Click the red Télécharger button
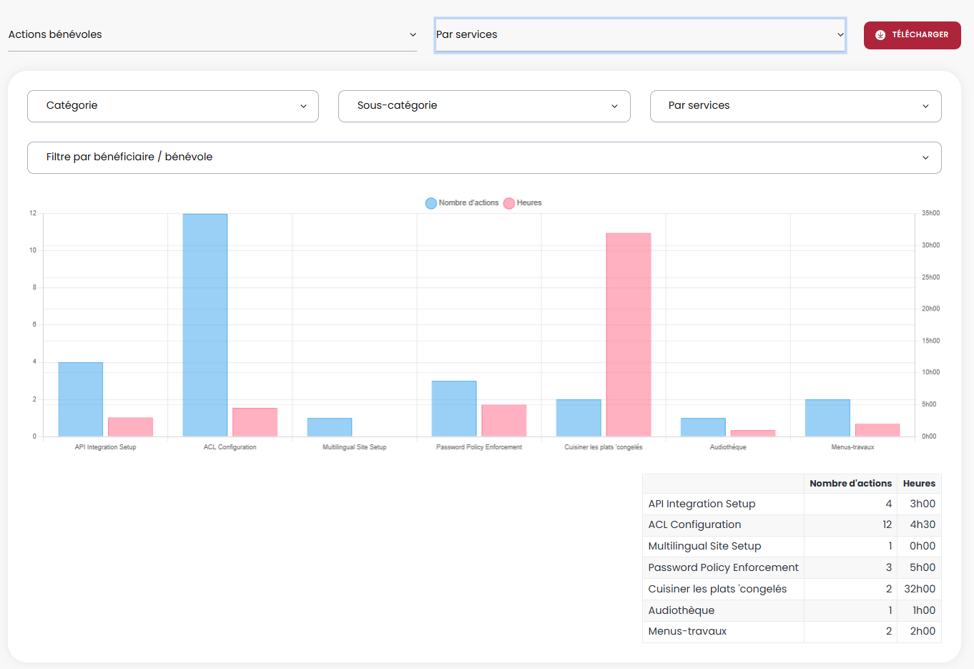(912, 35)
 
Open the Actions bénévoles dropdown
(212, 34)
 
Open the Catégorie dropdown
(173, 106)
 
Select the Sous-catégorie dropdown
(484, 106)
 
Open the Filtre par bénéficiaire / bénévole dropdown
(484, 157)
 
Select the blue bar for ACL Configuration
(205, 325)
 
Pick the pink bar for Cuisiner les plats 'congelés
(629, 334)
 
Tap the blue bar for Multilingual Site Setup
(330, 427)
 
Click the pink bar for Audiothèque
(753, 433)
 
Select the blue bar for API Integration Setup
(81, 399)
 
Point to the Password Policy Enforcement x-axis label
(479, 447)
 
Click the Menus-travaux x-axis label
(852, 447)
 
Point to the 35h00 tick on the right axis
(930, 213)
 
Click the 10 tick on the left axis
(33, 250)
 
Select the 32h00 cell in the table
(920, 589)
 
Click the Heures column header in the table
(919, 484)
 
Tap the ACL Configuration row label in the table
(694, 524)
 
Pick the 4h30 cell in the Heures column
(923, 524)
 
